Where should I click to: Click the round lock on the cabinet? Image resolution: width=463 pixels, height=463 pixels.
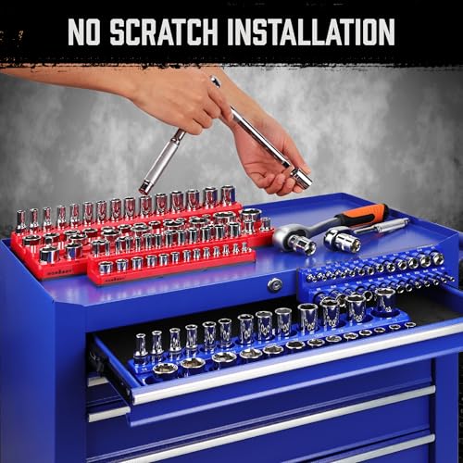click(275, 285)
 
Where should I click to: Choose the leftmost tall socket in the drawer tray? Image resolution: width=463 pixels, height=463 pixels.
click(140, 344)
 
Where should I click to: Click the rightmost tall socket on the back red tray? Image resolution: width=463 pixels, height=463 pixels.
click(227, 196)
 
